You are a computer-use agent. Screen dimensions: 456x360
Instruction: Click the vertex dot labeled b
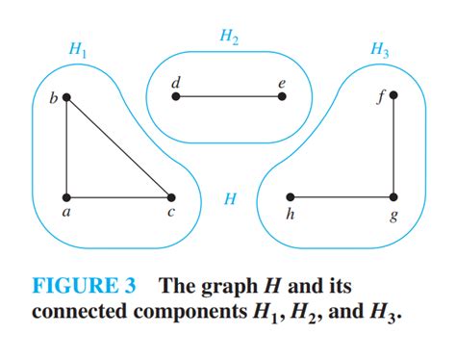tap(66, 97)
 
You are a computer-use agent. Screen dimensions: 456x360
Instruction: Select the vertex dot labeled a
tap(66, 197)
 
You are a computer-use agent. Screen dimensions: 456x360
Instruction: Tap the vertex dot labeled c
tap(171, 197)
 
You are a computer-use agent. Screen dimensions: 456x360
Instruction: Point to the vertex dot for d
tap(176, 96)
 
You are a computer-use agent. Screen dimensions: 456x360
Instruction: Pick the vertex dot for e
tap(282, 96)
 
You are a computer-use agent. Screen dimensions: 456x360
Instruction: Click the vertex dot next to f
tap(393, 95)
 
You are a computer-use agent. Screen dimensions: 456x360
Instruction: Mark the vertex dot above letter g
tap(393, 197)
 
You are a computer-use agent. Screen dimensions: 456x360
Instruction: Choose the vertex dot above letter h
tap(291, 197)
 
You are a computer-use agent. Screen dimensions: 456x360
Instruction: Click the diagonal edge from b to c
tap(119, 147)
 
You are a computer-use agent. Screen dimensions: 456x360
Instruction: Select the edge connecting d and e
tap(229, 96)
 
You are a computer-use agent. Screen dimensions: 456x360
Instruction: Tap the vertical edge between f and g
tap(393, 146)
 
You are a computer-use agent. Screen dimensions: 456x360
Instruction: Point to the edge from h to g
tap(342, 197)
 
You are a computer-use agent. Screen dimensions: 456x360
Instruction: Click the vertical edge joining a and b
tap(66, 147)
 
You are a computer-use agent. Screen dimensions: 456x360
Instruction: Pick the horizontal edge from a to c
tap(118, 197)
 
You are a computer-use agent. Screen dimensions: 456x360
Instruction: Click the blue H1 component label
tap(78, 50)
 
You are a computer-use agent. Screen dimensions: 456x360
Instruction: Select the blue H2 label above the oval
tap(229, 38)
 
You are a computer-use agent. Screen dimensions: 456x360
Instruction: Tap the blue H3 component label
tap(380, 50)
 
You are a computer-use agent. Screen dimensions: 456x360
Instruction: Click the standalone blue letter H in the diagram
tap(230, 198)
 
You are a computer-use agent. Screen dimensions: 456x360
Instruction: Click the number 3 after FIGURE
tap(130, 285)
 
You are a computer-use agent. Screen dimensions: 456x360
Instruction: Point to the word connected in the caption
tap(80, 311)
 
